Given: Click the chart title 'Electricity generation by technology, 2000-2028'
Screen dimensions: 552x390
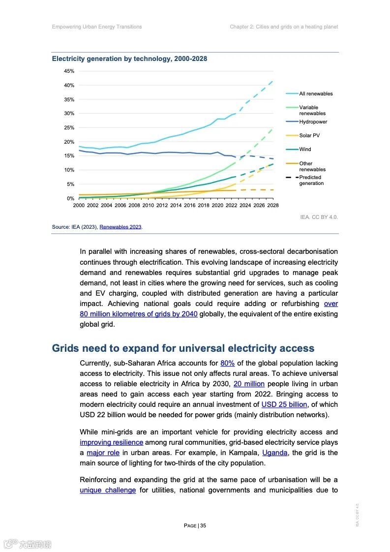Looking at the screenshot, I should click(129, 59).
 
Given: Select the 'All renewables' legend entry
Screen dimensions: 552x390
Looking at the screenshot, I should click(316, 93).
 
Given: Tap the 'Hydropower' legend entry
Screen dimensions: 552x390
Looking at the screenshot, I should click(313, 122).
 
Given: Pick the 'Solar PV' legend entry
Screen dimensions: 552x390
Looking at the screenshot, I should click(309, 135).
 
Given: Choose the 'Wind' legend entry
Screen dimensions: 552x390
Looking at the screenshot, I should click(305, 149).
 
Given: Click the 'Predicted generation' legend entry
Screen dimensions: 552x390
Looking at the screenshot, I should click(311, 180).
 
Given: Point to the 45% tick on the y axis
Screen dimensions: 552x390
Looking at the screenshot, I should click(69, 71).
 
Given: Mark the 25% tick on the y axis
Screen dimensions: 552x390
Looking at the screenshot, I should click(69, 128).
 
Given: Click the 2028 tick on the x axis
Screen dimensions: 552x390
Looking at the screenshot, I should click(273, 205).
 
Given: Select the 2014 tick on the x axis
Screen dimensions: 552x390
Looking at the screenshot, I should click(176, 205).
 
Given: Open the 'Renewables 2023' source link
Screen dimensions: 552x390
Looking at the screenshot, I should click(120, 227).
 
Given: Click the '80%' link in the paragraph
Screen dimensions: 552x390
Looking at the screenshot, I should click(227, 363).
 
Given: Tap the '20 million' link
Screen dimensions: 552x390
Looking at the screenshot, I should click(249, 384).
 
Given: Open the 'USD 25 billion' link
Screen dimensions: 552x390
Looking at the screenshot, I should click(284, 404).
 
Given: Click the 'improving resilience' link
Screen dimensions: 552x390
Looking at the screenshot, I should click(111, 442).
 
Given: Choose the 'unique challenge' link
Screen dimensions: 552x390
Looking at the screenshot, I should click(108, 490).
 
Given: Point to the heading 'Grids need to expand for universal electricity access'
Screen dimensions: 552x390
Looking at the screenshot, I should click(183, 348).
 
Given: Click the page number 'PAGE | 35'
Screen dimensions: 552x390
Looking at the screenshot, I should click(195, 525).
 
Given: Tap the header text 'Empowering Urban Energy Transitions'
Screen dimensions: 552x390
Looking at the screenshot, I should click(97, 27).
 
